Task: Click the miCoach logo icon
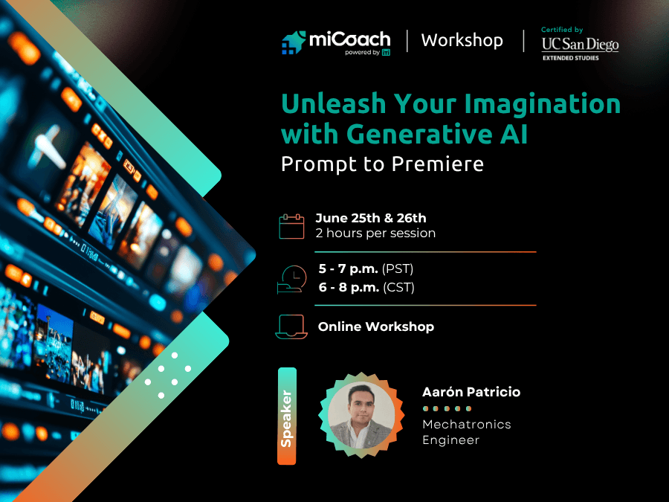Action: click(x=294, y=42)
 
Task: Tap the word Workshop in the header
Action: click(x=462, y=41)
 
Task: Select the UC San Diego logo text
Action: click(x=581, y=45)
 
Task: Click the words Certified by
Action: click(x=562, y=30)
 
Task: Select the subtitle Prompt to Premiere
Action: click(x=382, y=164)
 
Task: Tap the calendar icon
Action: click(x=292, y=226)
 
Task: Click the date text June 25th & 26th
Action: click(x=371, y=218)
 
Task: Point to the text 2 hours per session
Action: click(x=375, y=233)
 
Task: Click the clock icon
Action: click(x=292, y=280)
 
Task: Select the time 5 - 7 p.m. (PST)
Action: click(x=366, y=269)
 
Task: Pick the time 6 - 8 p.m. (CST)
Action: click(x=366, y=287)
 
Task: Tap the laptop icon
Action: click(x=291, y=327)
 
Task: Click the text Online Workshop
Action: click(x=376, y=326)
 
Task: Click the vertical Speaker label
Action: click(x=287, y=416)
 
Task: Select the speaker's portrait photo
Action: click(x=361, y=415)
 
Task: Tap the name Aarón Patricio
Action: click(x=471, y=392)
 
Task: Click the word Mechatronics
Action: click(x=467, y=425)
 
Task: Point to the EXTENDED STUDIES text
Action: click(x=571, y=58)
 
